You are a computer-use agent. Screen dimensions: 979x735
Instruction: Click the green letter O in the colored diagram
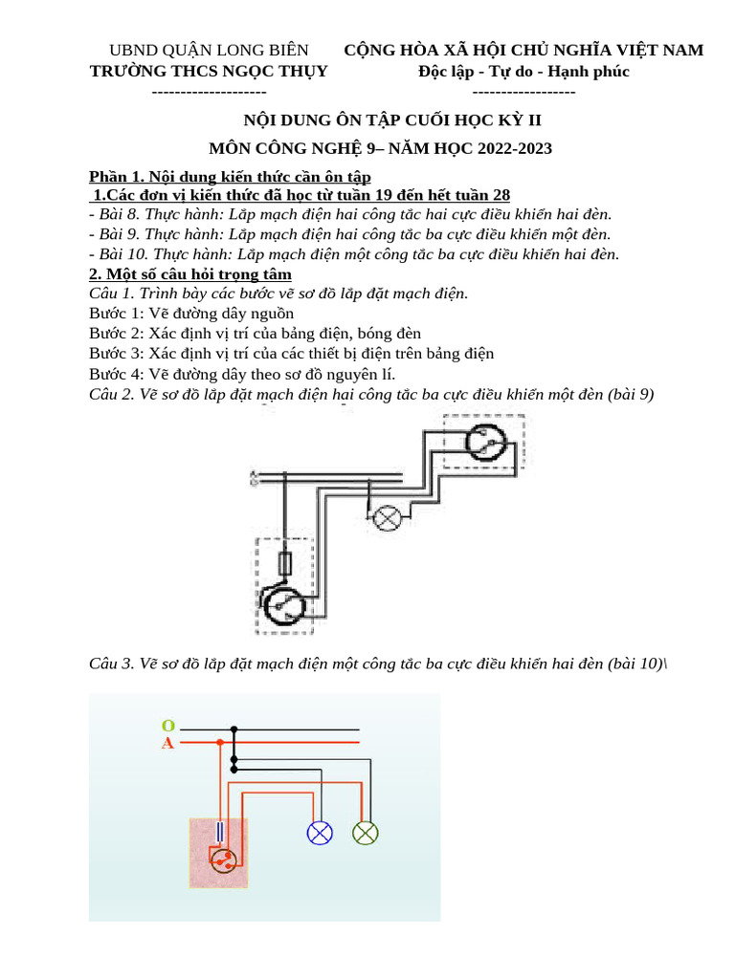(x=167, y=727)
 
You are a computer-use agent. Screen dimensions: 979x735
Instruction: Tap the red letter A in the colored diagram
(x=167, y=744)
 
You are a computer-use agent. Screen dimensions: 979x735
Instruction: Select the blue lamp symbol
(x=319, y=833)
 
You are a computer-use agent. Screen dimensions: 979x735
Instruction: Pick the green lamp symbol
(x=365, y=833)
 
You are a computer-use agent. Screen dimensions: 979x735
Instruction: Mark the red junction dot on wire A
(x=220, y=741)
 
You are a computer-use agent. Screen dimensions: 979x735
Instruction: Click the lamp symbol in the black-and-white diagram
(x=388, y=517)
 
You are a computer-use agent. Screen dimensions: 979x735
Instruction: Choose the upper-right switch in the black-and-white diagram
(x=485, y=441)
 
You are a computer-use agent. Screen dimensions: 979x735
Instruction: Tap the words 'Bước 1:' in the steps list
(x=117, y=314)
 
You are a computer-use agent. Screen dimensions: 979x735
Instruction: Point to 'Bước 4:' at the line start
(x=117, y=374)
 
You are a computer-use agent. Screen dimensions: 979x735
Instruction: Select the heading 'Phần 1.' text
(x=116, y=178)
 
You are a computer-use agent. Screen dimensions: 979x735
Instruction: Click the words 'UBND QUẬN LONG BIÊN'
(x=209, y=50)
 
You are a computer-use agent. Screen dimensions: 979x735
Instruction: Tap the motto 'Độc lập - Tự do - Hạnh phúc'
(x=523, y=72)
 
